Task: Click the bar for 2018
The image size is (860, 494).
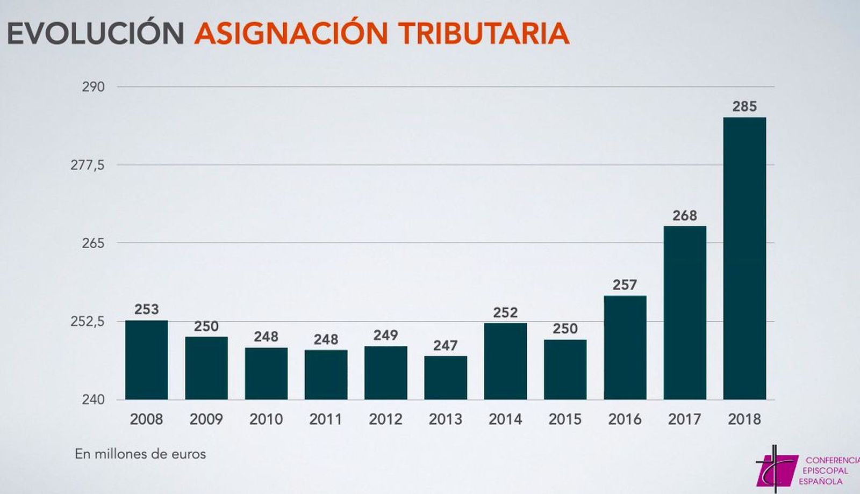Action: click(x=744, y=258)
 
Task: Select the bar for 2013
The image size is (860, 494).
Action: click(x=446, y=377)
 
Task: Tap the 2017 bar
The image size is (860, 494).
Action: click(x=685, y=313)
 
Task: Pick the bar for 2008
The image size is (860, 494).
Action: click(x=146, y=360)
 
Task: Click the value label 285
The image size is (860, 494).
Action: click(x=744, y=106)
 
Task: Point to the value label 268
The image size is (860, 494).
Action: click(x=685, y=215)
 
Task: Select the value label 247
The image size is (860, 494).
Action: click(x=446, y=345)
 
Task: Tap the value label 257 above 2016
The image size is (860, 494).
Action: click(x=625, y=285)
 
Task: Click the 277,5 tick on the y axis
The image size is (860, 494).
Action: click(x=88, y=165)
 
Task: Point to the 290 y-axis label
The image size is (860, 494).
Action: click(x=93, y=86)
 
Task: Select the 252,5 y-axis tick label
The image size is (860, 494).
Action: click(x=88, y=322)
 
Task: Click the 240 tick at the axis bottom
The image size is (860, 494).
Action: click(x=93, y=399)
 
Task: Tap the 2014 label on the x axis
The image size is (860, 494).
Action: click(x=505, y=419)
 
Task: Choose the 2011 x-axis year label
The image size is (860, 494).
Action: click(x=326, y=419)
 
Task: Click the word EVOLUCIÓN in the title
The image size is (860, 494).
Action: click(x=96, y=33)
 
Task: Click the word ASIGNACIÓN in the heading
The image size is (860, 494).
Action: click(x=291, y=33)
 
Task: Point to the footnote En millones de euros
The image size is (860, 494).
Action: click(x=140, y=454)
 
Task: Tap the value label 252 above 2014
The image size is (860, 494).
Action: click(x=505, y=312)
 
